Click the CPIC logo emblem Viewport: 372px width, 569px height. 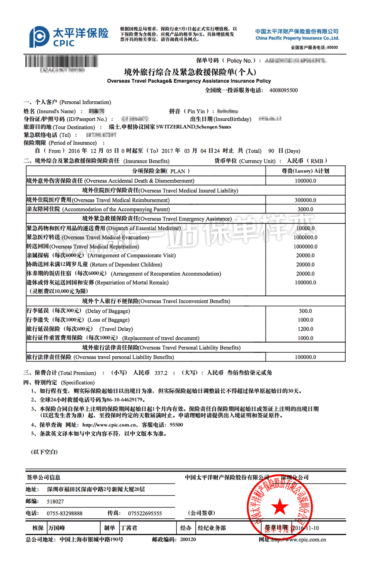click(x=39, y=37)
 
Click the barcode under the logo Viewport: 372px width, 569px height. click(x=61, y=61)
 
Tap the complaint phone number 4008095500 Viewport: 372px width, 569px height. click(x=283, y=90)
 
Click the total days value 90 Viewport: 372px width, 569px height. click(x=271, y=151)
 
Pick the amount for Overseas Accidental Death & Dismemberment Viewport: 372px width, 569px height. click(x=305, y=181)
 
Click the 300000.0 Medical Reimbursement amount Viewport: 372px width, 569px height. click(x=305, y=200)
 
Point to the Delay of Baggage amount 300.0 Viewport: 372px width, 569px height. click(x=305, y=311)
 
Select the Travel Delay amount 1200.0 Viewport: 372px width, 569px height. click(x=305, y=329)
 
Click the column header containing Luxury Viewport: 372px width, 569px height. click(x=305, y=171)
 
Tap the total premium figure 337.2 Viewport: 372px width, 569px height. click(x=161, y=373)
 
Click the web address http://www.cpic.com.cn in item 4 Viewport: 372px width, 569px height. click(x=109, y=425)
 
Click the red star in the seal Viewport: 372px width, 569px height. click(x=280, y=507)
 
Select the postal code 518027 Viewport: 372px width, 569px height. click(x=55, y=502)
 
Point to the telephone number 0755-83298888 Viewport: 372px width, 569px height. click(x=65, y=513)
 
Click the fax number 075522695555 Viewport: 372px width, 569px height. click(x=145, y=513)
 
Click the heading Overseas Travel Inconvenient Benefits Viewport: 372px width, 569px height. click(x=156, y=301)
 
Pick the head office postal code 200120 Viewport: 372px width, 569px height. click(x=188, y=539)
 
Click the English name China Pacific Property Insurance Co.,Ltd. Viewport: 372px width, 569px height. click(x=297, y=38)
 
